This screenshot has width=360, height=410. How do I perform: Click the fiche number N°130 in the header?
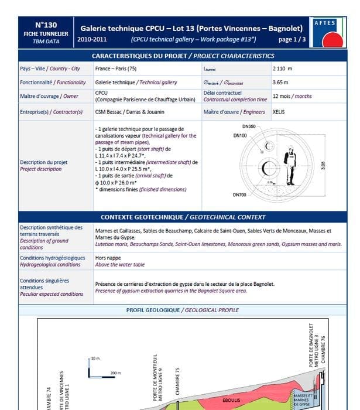[x=46, y=25]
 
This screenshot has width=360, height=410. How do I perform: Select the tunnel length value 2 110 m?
[x=282, y=69]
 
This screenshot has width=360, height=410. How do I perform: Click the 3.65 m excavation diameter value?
[x=281, y=83]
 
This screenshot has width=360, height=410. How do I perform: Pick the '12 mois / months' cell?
[x=292, y=96]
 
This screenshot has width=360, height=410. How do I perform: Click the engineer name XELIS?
[x=279, y=112]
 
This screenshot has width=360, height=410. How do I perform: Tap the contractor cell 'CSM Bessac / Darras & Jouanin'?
[x=130, y=112]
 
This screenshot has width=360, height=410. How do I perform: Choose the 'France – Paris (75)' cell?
[x=117, y=69]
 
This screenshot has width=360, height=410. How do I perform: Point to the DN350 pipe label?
[x=249, y=127]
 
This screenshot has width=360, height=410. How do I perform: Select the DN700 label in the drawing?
[x=239, y=194]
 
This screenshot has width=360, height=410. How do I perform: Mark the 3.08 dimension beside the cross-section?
[x=323, y=166]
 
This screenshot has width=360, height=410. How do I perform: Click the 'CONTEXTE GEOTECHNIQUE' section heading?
[x=183, y=217]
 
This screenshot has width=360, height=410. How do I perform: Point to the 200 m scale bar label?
[x=115, y=373]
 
